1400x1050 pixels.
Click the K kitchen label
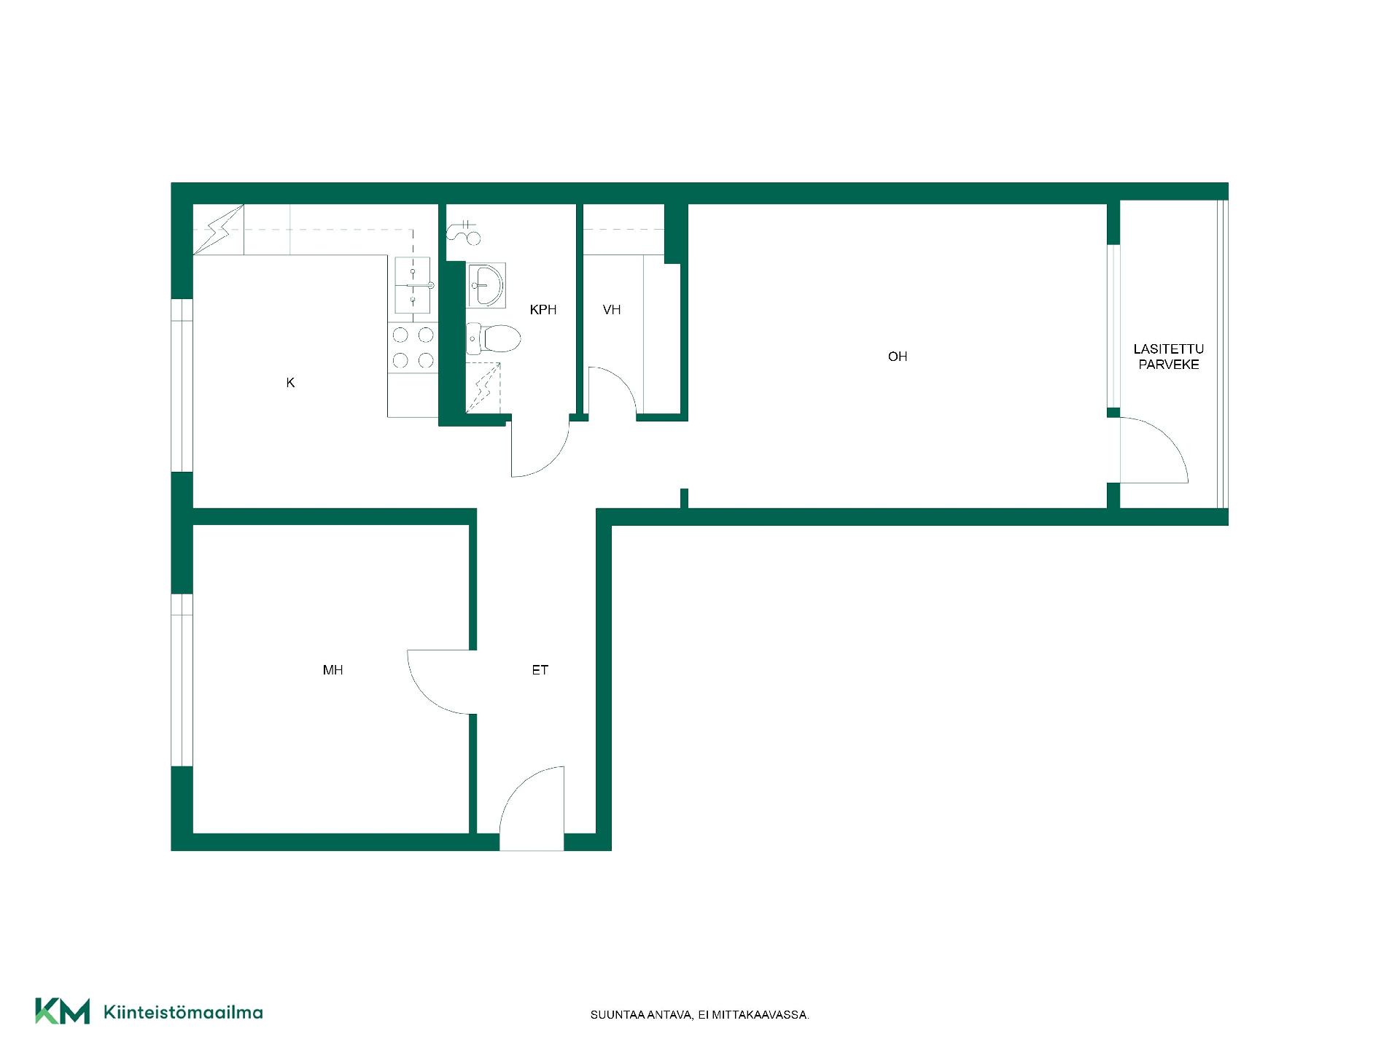click(290, 383)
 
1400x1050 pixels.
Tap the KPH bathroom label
click(543, 310)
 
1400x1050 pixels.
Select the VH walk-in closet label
click(612, 310)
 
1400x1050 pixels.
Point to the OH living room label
click(898, 357)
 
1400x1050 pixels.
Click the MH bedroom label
click(332, 670)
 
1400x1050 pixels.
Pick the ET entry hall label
click(540, 670)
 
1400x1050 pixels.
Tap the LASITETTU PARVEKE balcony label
click(1169, 357)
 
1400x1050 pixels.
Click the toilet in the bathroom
click(493, 338)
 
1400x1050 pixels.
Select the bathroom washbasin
click(486, 285)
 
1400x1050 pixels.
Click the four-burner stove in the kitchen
click(413, 348)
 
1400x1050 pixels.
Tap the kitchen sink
click(413, 285)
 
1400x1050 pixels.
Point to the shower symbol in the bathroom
click(483, 387)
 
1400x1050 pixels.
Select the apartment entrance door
click(532, 808)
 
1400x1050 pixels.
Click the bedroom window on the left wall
click(182, 680)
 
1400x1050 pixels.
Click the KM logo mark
click(63, 1011)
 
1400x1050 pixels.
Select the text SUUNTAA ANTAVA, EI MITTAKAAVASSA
click(700, 1015)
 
